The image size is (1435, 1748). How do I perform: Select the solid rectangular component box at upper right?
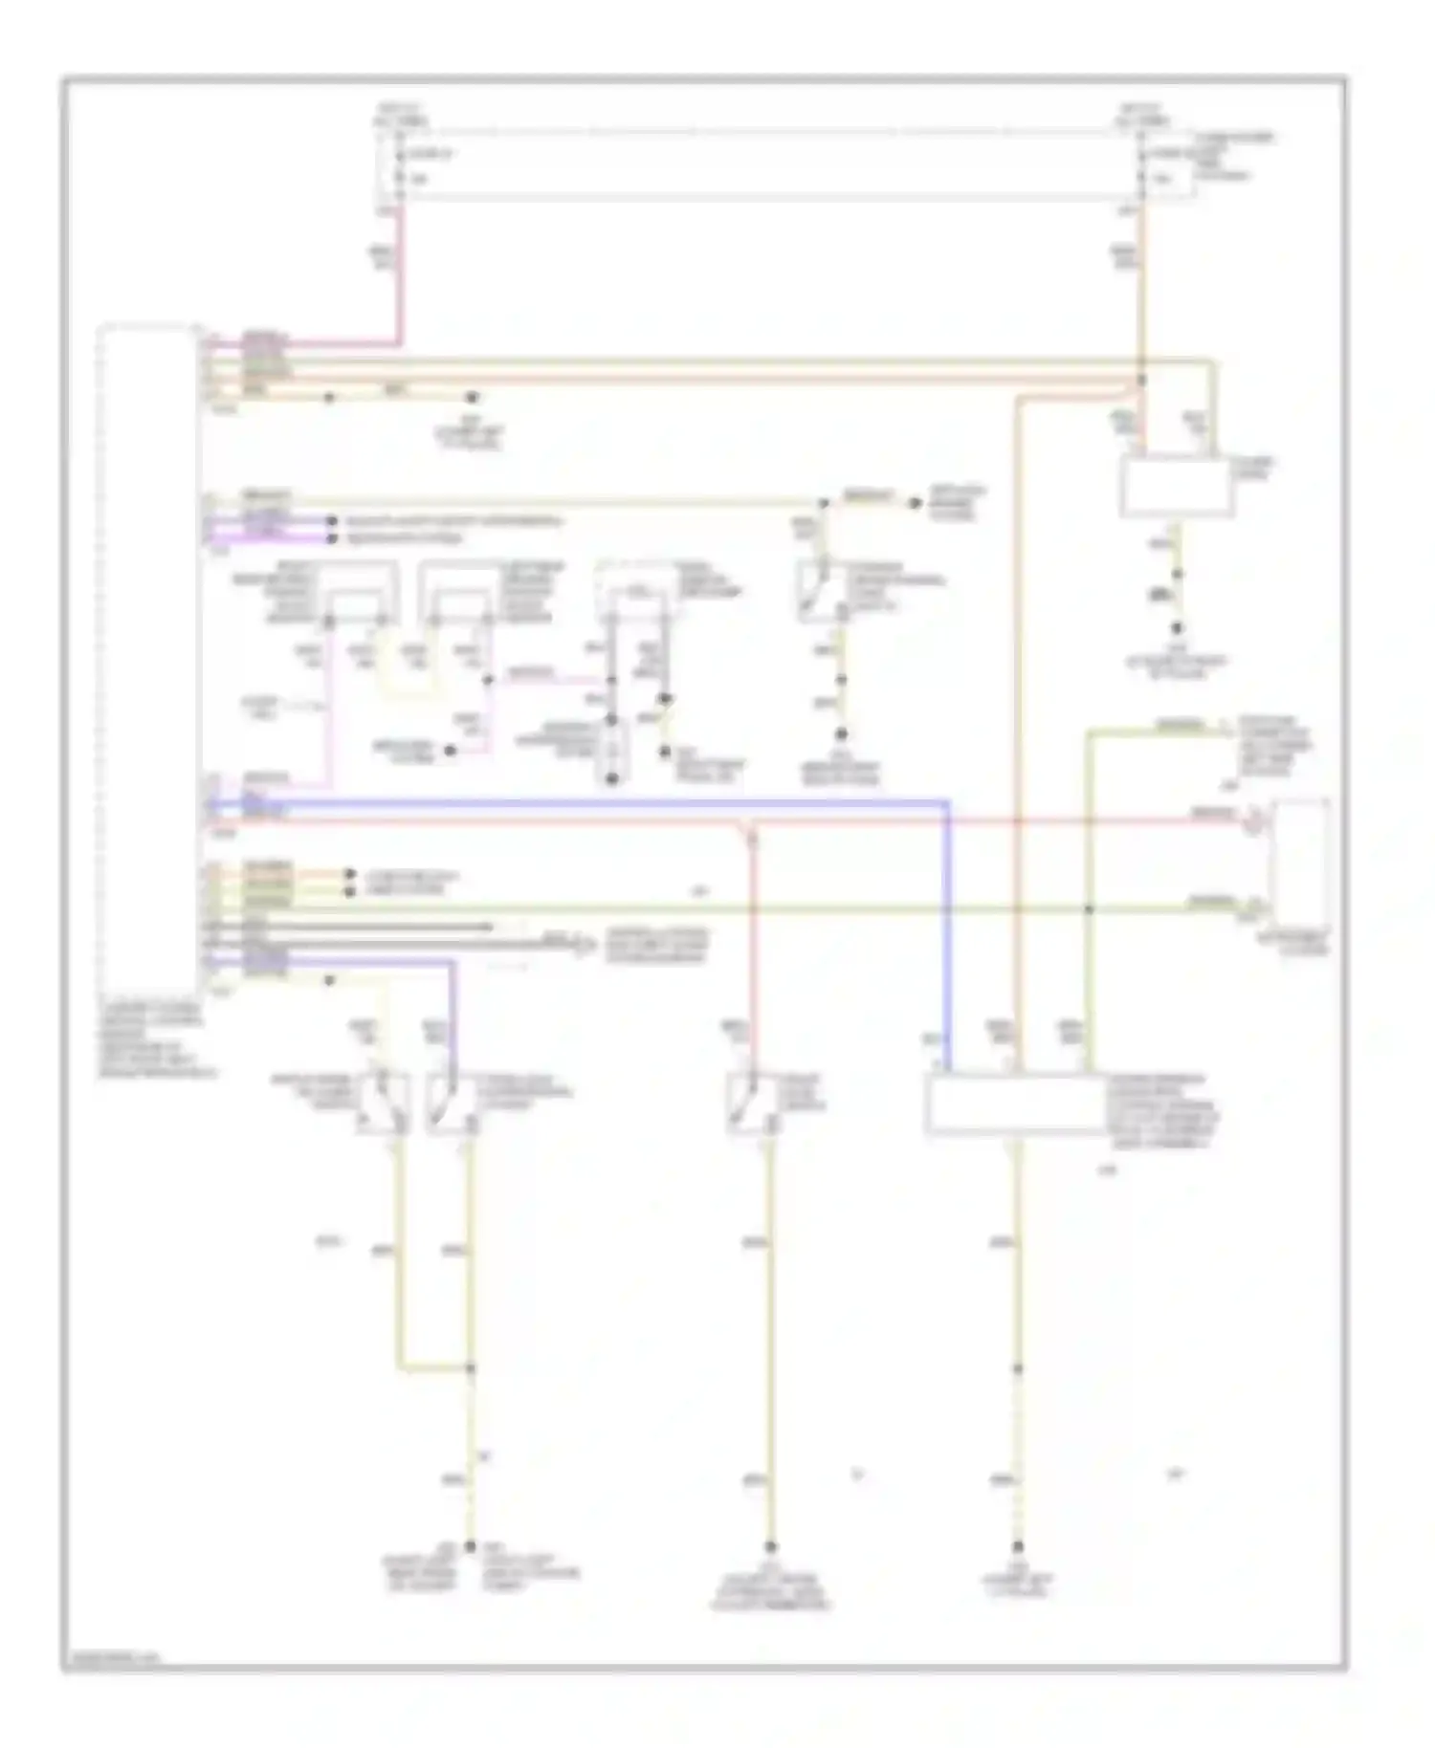pos(1176,487)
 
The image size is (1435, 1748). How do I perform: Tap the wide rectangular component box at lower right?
pos(1014,1104)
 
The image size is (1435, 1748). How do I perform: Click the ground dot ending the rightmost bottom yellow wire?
pos(1018,1546)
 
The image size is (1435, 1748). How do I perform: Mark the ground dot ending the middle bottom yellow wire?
pos(771,1546)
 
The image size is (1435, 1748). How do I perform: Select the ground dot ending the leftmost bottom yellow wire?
pos(470,1546)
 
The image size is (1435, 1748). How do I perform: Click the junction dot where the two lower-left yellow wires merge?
pos(470,1368)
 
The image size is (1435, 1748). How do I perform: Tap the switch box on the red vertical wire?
pos(752,1104)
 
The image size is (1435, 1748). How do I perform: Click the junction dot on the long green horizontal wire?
pos(1088,909)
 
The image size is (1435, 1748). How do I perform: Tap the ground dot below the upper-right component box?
pos(1178,628)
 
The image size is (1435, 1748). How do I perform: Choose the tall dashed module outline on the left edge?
pos(148,660)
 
